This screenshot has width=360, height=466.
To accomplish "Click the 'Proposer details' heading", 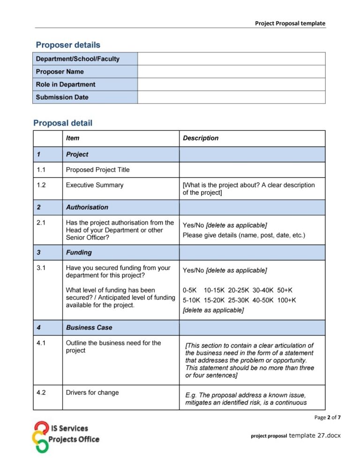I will (x=68, y=45).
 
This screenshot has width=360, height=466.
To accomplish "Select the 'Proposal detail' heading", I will (x=63, y=123).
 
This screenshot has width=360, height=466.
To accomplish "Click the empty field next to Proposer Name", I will (x=231, y=72).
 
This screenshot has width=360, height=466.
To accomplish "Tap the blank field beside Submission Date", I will (x=231, y=97).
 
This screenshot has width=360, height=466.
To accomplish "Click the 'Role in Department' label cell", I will (x=66, y=84).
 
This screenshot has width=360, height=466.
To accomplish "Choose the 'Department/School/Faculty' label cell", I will (x=78, y=59).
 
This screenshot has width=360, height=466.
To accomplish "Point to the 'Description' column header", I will (x=201, y=138).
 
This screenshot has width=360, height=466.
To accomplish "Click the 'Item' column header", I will (x=73, y=138).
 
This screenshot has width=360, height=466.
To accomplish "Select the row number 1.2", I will (x=41, y=185).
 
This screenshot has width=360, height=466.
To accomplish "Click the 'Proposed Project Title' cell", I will (x=98, y=170).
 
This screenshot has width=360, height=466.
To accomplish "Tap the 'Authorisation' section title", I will (x=87, y=207).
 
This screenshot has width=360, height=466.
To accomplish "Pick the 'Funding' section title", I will (x=79, y=252).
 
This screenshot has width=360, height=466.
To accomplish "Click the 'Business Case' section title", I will (x=89, y=328).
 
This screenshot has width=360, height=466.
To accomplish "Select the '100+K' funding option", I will (x=286, y=300).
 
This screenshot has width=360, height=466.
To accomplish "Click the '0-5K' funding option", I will (x=190, y=290).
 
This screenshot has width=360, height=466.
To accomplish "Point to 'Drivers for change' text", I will (x=92, y=392).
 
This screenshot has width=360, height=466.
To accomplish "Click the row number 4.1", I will (x=41, y=343).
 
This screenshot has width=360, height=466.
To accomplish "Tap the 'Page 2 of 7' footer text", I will (x=327, y=417).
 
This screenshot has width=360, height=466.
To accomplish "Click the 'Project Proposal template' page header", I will (x=290, y=23).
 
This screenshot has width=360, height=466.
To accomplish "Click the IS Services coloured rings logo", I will (x=42, y=436).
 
